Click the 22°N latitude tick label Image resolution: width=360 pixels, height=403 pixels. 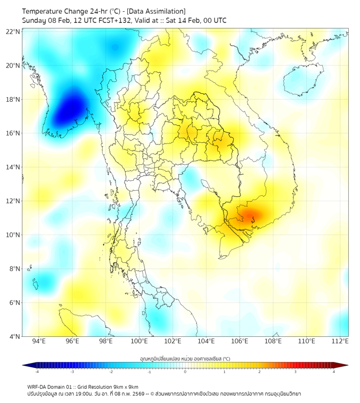[13, 32]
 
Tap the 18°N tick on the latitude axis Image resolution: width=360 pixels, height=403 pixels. [13, 100]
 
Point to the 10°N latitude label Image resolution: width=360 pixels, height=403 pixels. [13, 235]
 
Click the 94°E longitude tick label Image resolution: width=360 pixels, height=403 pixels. [39, 341]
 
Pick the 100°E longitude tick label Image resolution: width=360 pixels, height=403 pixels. [139, 341]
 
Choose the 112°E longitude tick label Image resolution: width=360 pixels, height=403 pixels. [340, 341]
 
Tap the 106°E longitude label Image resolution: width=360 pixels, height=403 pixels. [240, 341]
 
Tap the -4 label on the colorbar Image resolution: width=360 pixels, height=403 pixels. [37, 372]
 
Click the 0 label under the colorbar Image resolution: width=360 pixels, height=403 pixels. [185, 372]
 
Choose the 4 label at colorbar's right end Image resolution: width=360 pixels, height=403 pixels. [334, 372]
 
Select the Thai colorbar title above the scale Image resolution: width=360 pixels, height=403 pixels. [185, 358]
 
